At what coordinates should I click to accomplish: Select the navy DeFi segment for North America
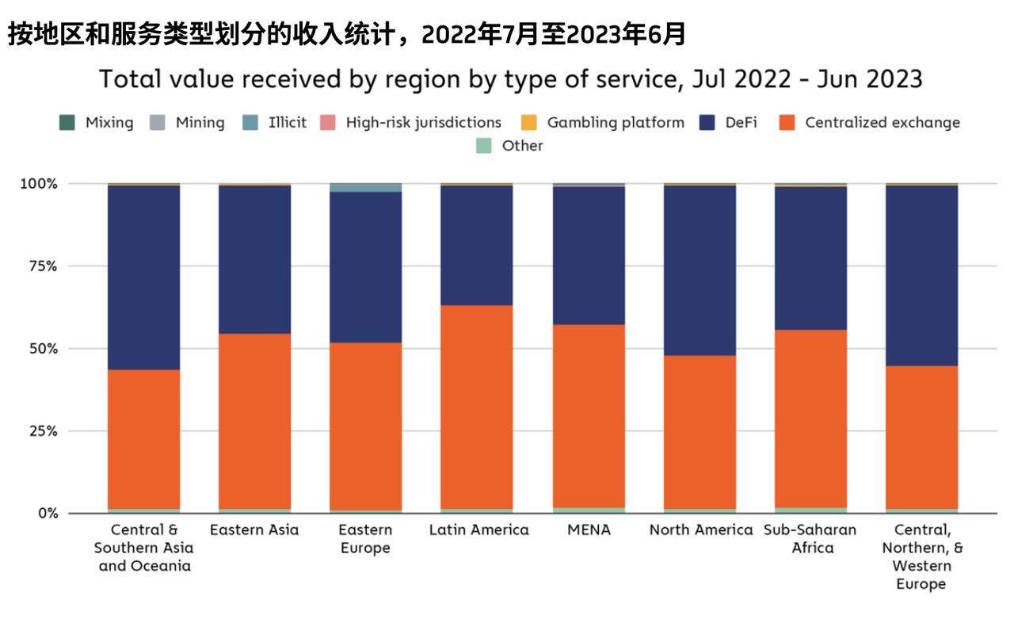[700, 270]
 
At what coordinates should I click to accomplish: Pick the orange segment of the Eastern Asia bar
[254, 421]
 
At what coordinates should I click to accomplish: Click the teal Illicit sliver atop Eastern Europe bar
[365, 188]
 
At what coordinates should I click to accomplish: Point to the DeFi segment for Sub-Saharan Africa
[810, 258]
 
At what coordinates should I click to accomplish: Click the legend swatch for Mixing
[68, 123]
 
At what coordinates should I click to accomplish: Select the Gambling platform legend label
[616, 123]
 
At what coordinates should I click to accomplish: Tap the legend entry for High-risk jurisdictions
[423, 123]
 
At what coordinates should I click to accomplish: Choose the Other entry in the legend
[522, 146]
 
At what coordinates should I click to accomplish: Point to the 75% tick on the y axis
[39, 266]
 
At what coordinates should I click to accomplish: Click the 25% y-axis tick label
[39, 431]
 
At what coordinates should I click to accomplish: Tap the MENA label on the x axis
[589, 530]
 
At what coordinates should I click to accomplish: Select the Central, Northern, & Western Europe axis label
[921, 557]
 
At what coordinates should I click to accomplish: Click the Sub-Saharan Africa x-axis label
[810, 539]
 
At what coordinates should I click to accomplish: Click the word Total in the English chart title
[130, 79]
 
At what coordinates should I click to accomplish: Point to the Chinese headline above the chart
[346, 34]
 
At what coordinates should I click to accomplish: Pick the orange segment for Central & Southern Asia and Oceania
[143, 439]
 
